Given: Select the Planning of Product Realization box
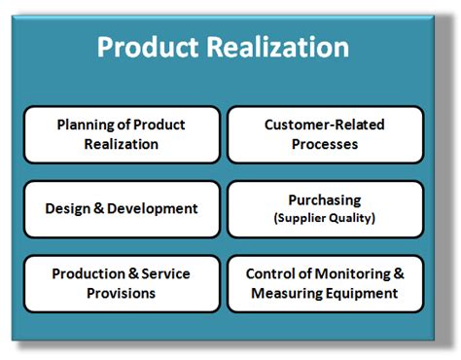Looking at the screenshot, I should (121, 134).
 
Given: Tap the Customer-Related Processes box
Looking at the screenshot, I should (325, 134).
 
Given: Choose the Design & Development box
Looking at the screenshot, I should (121, 208).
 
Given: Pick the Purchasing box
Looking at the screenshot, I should (325, 208).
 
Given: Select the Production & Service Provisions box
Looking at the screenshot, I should (121, 283).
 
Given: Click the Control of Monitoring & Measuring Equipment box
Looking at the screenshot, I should (325, 283).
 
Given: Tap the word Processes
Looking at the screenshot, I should (325, 144).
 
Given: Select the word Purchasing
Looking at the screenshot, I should (325, 200).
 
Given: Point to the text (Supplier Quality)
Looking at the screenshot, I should (325, 218).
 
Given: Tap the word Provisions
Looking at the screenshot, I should (121, 292).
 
